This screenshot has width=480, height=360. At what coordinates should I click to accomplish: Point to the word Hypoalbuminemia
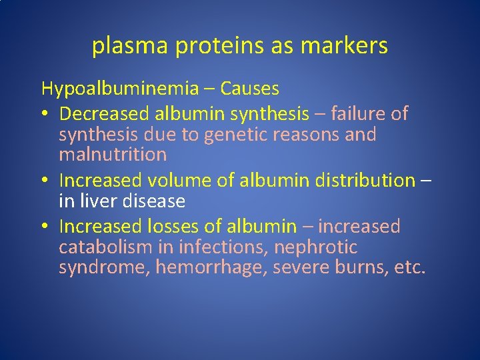click(x=120, y=89)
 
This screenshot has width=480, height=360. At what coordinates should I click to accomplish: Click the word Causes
click(x=249, y=89)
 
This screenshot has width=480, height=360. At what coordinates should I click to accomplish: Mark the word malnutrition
click(x=113, y=155)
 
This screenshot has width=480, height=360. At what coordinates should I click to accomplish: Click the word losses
click(x=175, y=227)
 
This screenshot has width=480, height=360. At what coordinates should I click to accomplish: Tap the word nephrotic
click(x=316, y=247)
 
